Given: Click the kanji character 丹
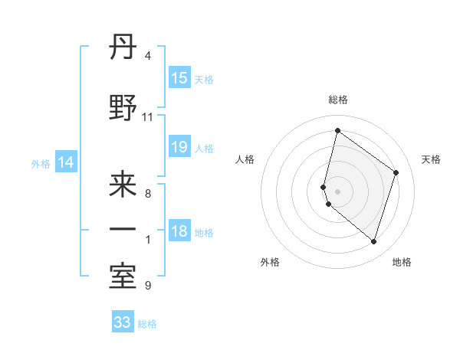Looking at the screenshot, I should (123, 49).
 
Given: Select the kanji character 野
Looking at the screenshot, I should (123, 110).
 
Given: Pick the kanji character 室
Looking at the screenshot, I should (123, 277).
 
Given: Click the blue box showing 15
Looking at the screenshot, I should (179, 78).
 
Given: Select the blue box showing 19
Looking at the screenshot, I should (179, 147).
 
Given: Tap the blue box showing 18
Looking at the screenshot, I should (179, 231).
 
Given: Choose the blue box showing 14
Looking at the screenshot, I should (66, 162).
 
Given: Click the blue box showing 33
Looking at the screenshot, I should (123, 322).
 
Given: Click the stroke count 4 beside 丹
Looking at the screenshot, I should (147, 57).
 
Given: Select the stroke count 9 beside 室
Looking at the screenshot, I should (147, 286).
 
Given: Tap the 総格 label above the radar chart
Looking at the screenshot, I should (337, 100).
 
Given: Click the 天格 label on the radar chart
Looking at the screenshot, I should (431, 159).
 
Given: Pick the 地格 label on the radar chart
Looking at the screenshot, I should (402, 262).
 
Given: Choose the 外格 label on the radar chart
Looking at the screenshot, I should (270, 262).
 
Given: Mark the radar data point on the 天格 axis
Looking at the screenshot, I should (396, 172).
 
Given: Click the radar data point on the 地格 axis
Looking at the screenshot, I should (373, 241).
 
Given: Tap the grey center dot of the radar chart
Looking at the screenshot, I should (337, 191).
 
